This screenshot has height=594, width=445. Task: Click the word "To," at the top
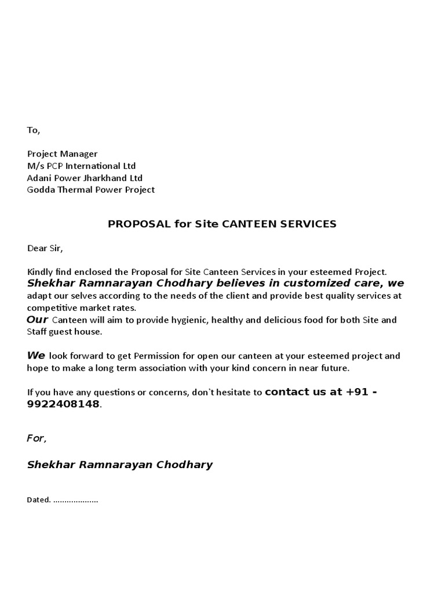(34, 130)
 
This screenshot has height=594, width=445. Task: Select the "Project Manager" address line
(63, 154)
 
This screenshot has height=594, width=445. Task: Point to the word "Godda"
(39, 190)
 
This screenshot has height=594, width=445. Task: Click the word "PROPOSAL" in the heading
(137, 224)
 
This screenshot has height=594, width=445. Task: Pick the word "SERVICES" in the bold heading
(310, 224)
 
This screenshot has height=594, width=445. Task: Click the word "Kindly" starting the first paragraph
(39, 271)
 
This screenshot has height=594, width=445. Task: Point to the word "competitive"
(50, 307)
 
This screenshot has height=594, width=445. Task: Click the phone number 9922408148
(63, 404)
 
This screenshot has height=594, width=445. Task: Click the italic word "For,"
(37, 438)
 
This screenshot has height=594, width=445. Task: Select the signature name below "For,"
(120, 464)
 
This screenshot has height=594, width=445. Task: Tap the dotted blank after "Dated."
(76, 499)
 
